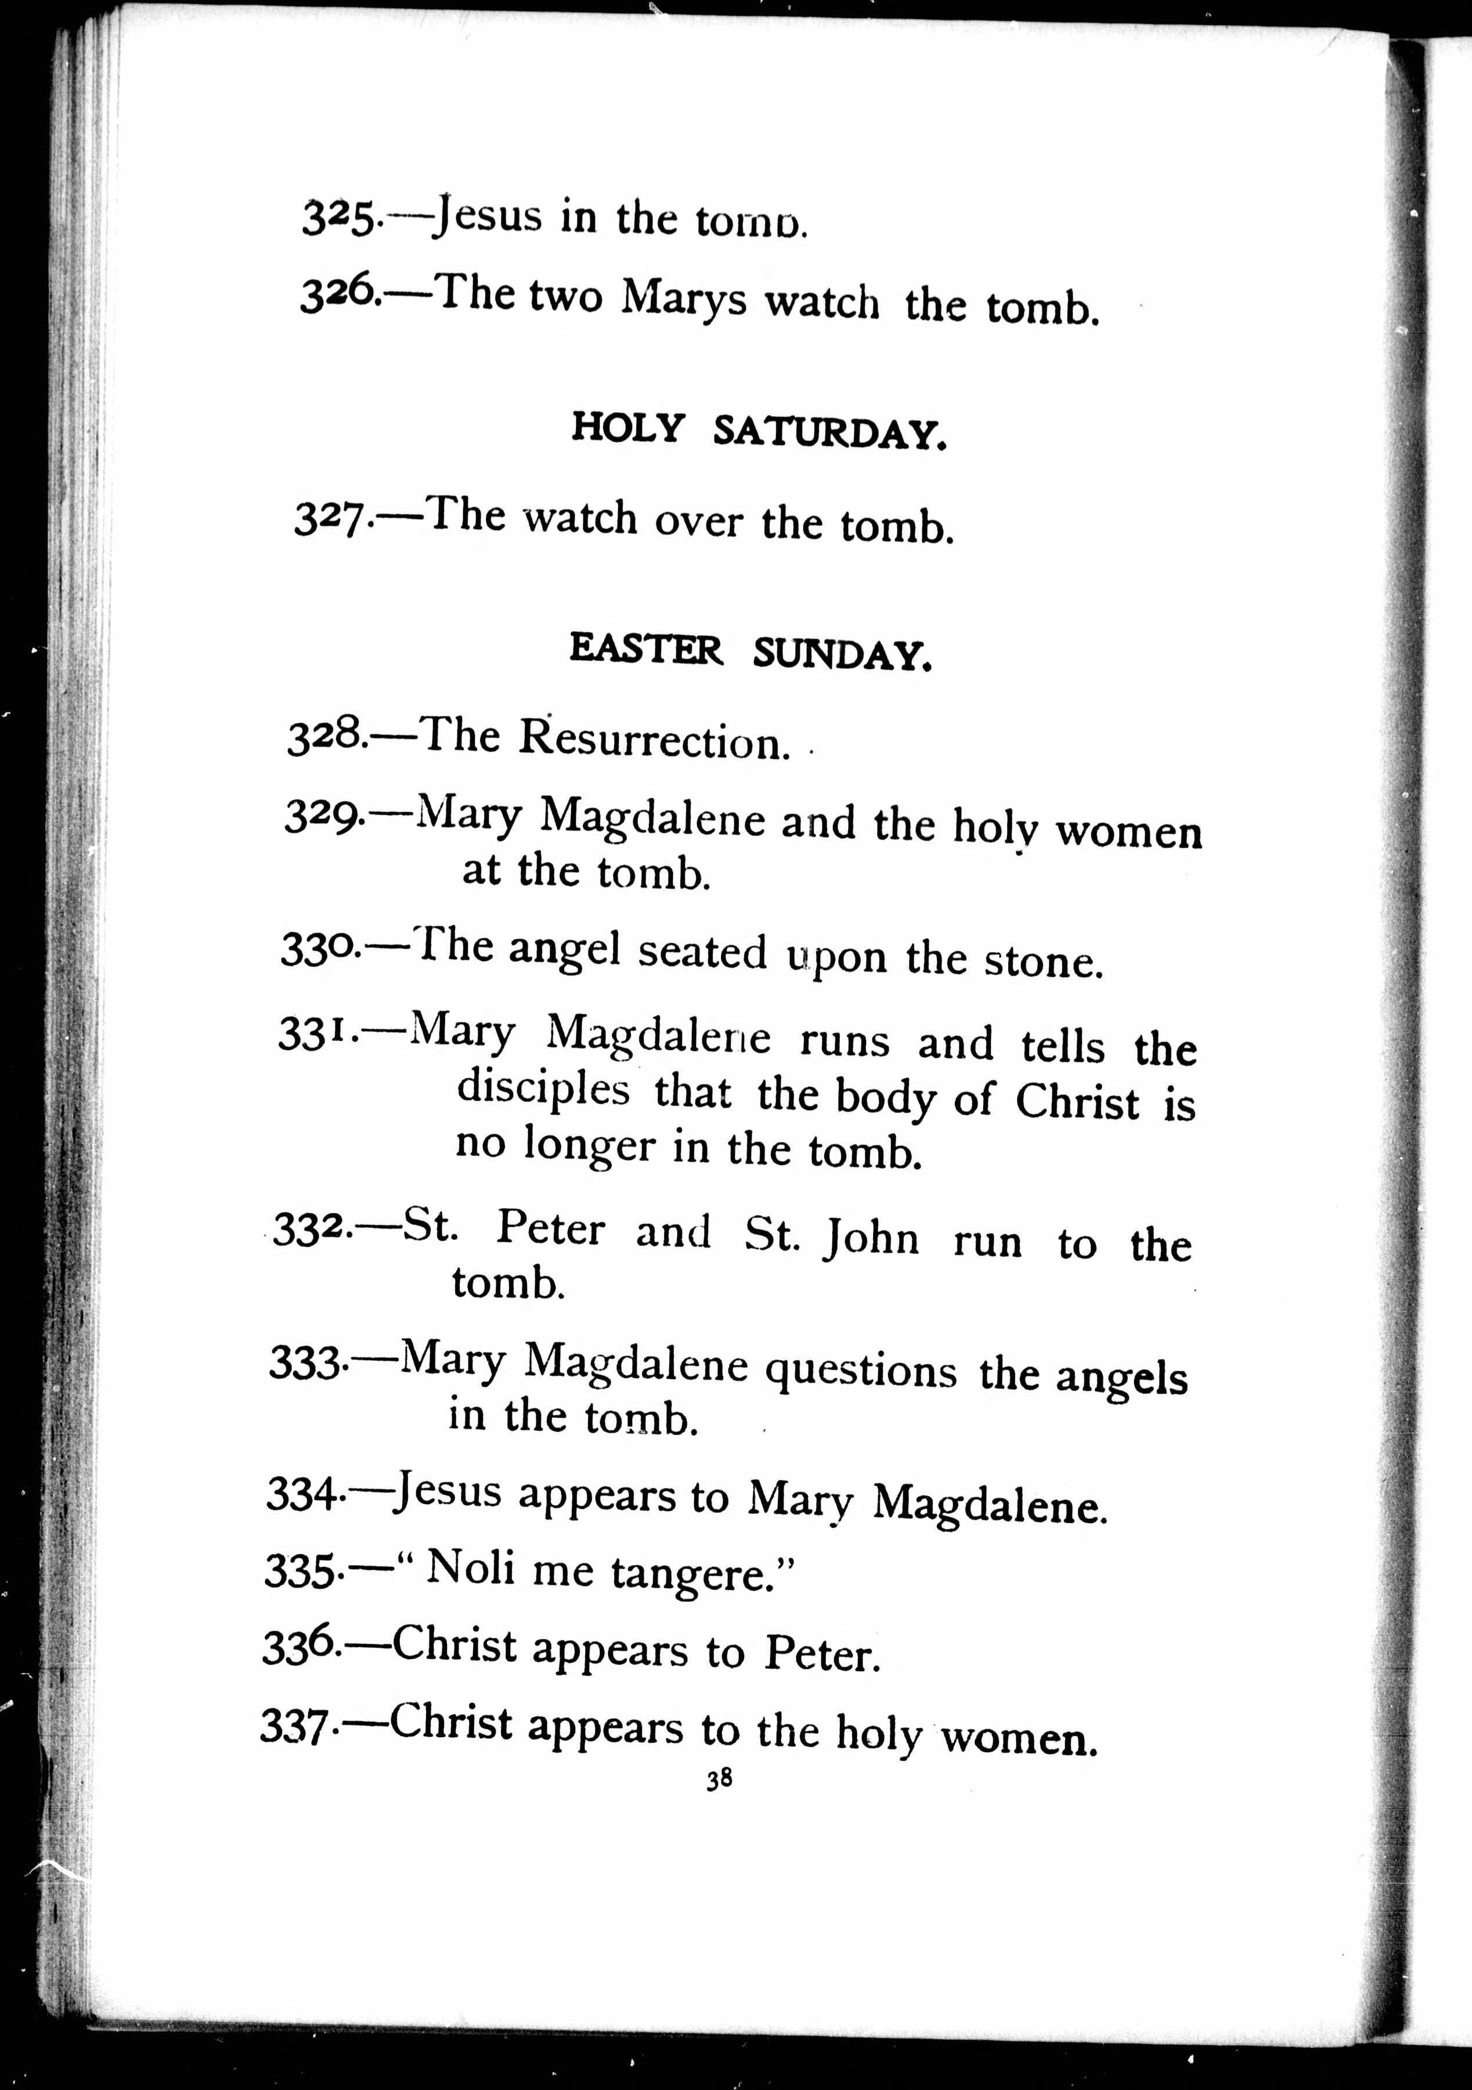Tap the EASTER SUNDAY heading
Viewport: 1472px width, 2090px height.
751,652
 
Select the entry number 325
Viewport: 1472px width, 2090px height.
337,218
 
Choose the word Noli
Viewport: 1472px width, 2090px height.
471,1568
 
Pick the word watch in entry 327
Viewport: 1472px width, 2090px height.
580,519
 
